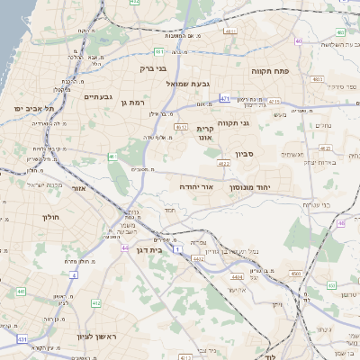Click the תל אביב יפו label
(34, 108)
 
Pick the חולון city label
(49, 217)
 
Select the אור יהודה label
(195, 185)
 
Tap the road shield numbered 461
(112, 157)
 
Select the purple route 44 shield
(124, 247)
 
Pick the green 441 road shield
(20, 292)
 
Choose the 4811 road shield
(230, 31)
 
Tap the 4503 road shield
(294, 273)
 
